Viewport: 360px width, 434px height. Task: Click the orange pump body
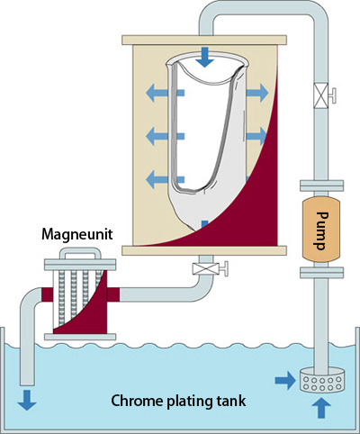click(321, 230)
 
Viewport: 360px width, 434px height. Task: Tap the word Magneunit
click(77, 234)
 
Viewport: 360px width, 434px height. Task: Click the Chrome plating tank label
click(178, 401)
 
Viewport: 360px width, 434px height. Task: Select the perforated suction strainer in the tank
click(322, 380)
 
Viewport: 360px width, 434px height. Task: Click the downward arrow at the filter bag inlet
click(204, 57)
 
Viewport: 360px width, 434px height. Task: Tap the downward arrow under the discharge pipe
click(27, 400)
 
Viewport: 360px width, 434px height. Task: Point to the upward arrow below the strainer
click(321, 408)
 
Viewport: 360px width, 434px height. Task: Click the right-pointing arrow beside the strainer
click(285, 381)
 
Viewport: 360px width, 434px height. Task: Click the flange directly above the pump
click(322, 185)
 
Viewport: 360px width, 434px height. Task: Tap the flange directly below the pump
click(322, 273)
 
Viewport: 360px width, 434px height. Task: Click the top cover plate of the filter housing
click(204, 40)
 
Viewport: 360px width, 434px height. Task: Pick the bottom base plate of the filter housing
click(204, 250)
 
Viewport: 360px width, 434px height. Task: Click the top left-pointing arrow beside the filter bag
click(165, 93)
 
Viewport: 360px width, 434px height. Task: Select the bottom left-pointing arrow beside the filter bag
click(165, 179)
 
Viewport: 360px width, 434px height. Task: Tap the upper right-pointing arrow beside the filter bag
click(257, 93)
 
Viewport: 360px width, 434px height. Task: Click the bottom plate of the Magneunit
click(80, 337)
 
